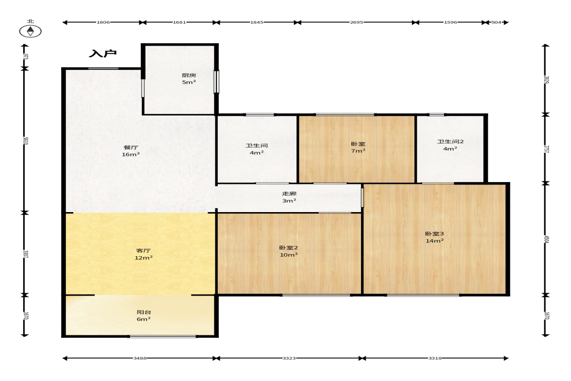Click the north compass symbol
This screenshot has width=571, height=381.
[x=30, y=32]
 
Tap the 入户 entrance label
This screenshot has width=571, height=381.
[x=103, y=53]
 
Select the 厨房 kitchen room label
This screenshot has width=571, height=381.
[x=189, y=75]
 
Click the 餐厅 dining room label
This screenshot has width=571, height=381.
[x=131, y=147]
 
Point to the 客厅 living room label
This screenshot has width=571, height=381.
[x=144, y=250]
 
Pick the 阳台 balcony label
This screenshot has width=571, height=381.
[x=144, y=312]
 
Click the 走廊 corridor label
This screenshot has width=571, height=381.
[x=289, y=194]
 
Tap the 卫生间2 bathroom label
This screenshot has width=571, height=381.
[x=451, y=142]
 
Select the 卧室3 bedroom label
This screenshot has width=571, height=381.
[x=435, y=234]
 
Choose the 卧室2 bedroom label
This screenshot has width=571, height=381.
[x=289, y=248]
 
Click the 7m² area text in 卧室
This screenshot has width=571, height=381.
[x=359, y=151]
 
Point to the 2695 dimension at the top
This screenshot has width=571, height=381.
[x=357, y=22]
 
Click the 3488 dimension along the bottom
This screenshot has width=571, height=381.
[x=140, y=358]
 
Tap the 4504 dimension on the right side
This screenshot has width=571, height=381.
[x=546, y=240]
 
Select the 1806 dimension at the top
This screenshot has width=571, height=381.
[x=103, y=22]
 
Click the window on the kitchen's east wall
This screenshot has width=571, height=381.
[x=216, y=82]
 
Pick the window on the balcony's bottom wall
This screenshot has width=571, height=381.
[x=163, y=336]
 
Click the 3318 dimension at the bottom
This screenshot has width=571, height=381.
[x=435, y=358]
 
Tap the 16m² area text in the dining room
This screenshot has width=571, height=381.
[x=131, y=154]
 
